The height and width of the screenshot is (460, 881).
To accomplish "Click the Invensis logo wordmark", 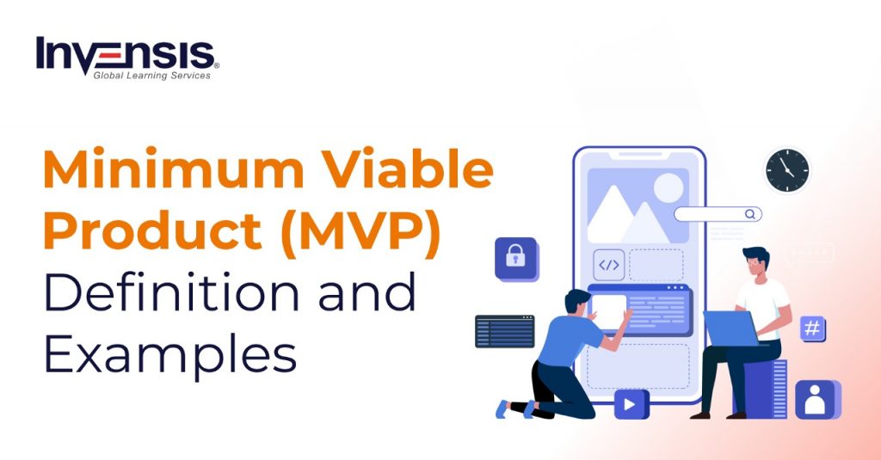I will pos(126,53).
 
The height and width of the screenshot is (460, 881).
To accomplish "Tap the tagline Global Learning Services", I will pos(151,76).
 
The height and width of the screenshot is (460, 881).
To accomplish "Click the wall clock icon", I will pos(787,170).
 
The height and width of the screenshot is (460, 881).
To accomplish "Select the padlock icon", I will pos(515,257).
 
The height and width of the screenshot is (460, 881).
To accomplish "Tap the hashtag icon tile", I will pos(813,328).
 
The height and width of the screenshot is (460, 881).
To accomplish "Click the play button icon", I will pos(631,403).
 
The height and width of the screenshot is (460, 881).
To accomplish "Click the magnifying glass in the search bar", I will pos(750,214).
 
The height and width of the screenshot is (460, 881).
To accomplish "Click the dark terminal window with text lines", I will pos(504,331).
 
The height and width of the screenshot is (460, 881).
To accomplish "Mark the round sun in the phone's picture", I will pos(668,187).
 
